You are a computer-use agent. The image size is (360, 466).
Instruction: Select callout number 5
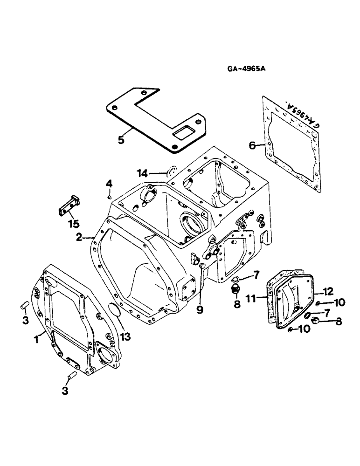click(121, 139)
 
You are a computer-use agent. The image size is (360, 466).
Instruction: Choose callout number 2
click(80, 237)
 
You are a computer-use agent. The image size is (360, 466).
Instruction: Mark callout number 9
click(200, 309)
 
